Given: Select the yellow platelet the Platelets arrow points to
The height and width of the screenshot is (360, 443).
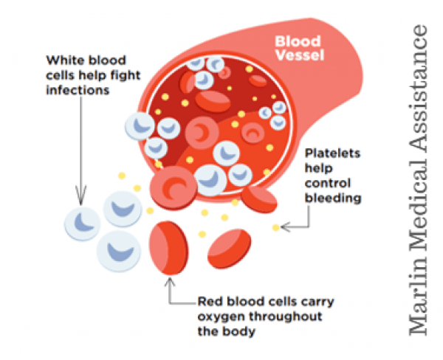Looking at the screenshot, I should coord(275,227).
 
